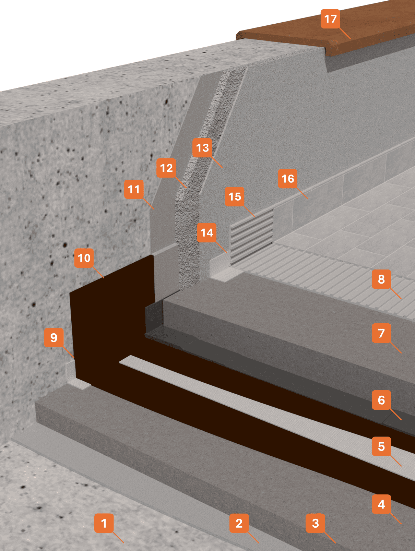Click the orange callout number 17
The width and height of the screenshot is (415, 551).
pos(330,19)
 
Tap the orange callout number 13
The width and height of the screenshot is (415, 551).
pos(202,148)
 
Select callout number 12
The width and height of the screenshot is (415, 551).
pos(166,168)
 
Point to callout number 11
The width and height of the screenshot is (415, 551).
pos(134,189)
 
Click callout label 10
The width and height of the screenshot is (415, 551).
pos(84,258)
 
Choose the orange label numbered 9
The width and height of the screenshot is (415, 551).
pos(54,338)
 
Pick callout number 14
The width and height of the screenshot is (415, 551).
pos(207,233)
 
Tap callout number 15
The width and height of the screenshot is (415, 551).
pos(235,196)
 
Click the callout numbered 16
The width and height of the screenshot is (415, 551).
pos(288,179)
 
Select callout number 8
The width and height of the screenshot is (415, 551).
pos(381,279)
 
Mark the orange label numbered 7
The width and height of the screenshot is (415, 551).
pos(381,333)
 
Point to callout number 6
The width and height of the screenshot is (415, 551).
pos(381,400)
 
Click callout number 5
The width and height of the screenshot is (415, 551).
pos(381,446)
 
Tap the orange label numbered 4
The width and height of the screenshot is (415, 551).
pos(381,504)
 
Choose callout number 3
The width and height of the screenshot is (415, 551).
pos(316,523)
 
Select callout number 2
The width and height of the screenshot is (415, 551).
pos(239,523)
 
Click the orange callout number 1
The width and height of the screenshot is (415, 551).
pos(104,523)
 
